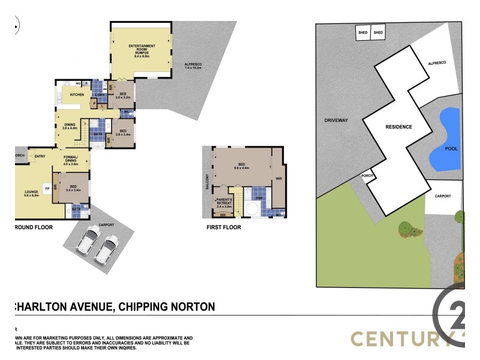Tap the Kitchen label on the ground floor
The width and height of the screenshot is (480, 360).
point(76,95)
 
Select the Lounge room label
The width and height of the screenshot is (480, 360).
point(31,194)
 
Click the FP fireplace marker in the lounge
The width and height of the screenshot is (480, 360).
point(46,187)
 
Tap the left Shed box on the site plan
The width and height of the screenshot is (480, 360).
point(363,32)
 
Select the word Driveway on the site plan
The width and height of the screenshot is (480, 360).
point(336,121)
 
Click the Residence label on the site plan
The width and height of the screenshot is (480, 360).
point(398,127)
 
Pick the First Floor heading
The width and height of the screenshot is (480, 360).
point(223,227)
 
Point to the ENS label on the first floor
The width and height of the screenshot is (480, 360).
point(260,197)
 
